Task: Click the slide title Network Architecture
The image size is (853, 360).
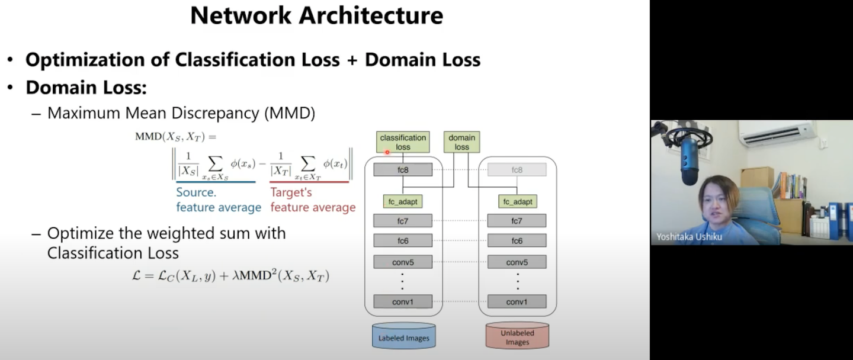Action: click(x=316, y=15)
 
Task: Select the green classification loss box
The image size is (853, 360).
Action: click(x=403, y=142)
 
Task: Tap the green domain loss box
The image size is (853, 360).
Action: click(x=461, y=142)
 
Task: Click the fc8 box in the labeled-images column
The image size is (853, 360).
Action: click(x=403, y=170)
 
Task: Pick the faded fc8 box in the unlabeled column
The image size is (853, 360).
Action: click(x=517, y=170)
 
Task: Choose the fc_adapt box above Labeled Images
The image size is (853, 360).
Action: click(x=403, y=202)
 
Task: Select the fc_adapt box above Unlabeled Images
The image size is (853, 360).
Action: click(x=517, y=202)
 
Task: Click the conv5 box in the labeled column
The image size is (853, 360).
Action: click(x=403, y=262)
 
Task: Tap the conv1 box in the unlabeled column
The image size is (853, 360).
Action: click(x=517, y=302)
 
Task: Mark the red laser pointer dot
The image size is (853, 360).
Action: click(x=387, y=152)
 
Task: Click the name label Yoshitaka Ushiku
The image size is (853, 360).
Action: click(x=689, y=237)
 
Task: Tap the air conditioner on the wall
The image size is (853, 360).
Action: click(x=777, y=134)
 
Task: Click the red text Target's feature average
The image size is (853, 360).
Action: click(x=313, y=200)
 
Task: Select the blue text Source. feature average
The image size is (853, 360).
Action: click(x=219, y=200)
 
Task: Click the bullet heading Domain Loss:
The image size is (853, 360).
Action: click(x=86, y=88)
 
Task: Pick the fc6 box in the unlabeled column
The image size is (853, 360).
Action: click(x=517, y=241)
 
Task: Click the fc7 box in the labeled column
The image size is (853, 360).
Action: click(x=403, y=221)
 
